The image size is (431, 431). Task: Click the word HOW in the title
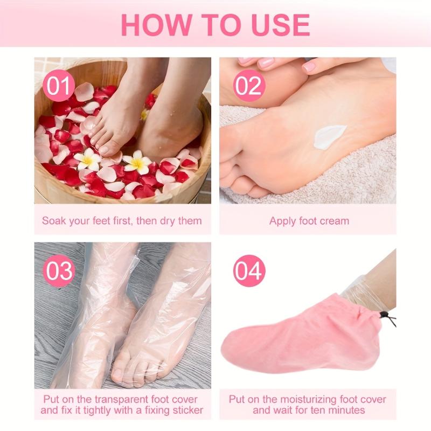coord(156,25)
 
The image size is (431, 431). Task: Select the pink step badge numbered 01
coord(59,86)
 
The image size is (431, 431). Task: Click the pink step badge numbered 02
coord(249,86)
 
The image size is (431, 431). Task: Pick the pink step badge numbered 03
coord(59,271)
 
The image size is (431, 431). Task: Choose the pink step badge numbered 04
coord(249,271)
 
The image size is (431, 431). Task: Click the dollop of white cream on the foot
coord(329,137)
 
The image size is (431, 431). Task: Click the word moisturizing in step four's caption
coord(309,399)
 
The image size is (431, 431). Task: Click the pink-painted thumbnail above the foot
coord(308,66)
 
